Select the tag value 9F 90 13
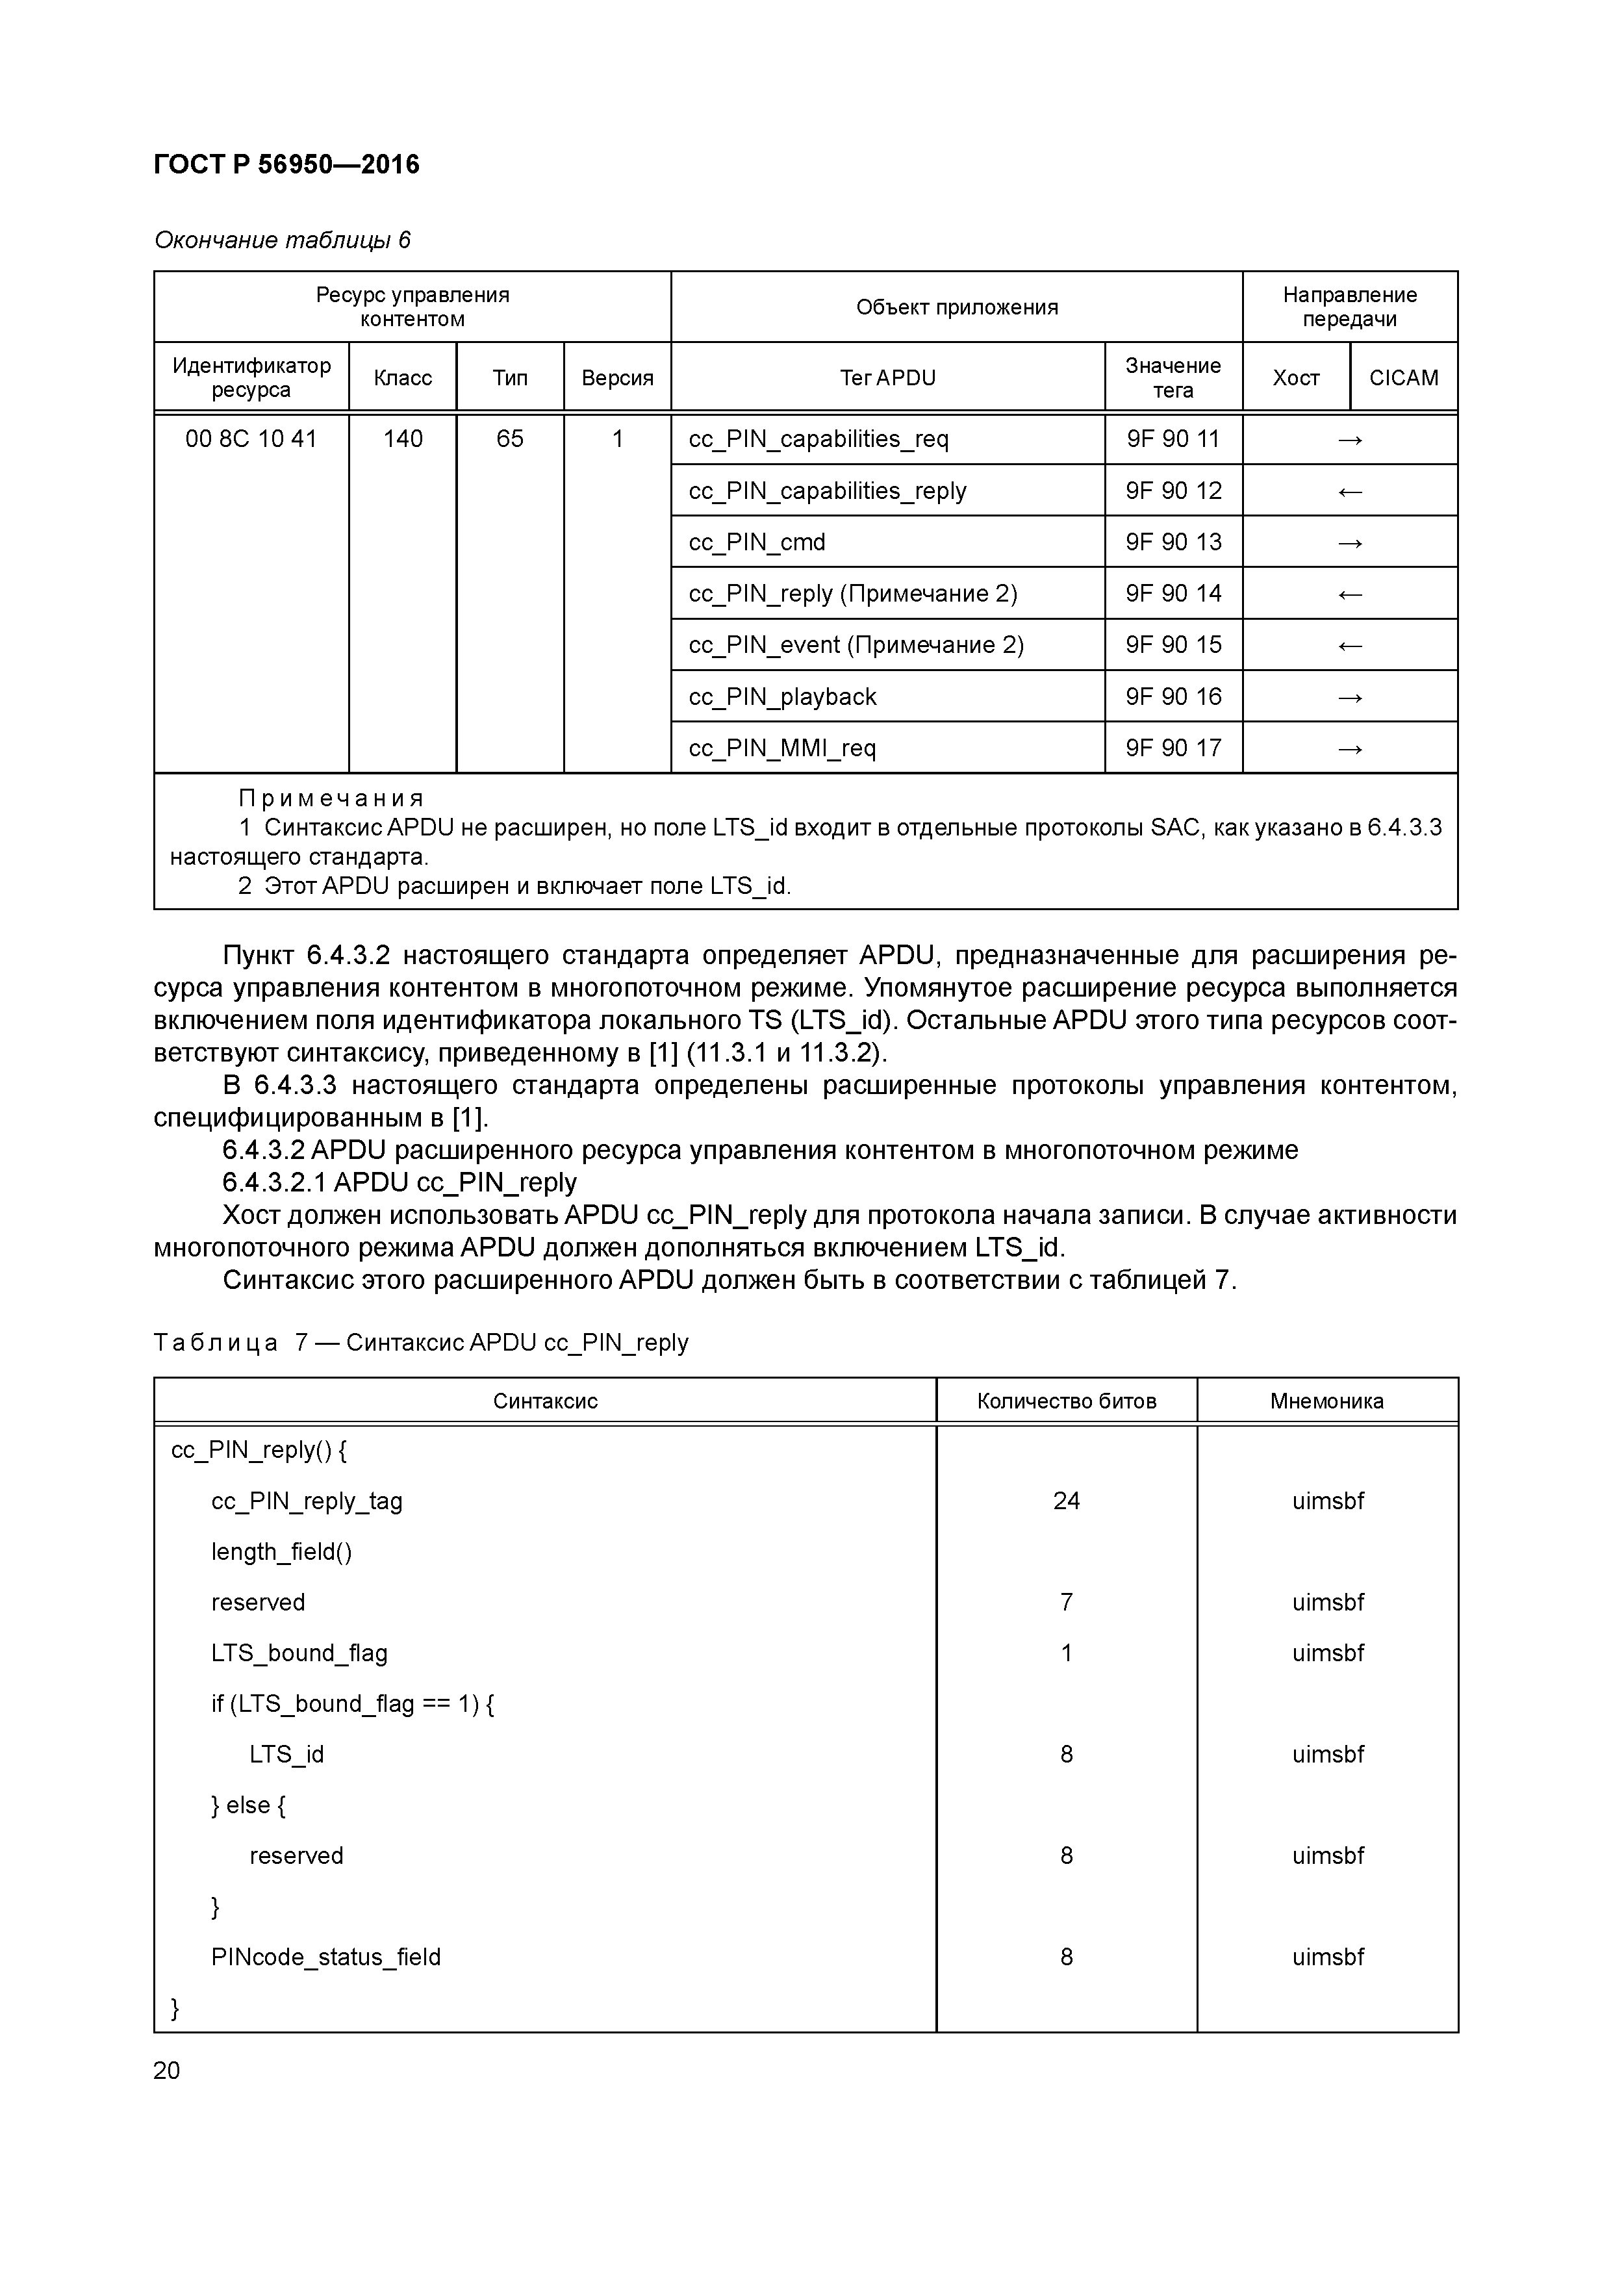click(1173, 542)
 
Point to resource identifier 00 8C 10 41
click(251, 439)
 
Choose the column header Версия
click(616, 378)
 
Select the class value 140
click(402, 439)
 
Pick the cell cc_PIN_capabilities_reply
click(827, 491)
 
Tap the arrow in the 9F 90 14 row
click(1349, 594)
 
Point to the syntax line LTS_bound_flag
click(299, 1653)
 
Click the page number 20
click(167, 2070)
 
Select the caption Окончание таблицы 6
click(282, 240)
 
